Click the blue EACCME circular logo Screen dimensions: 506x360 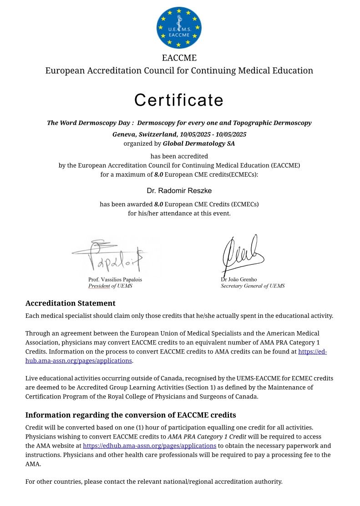pos(179,27)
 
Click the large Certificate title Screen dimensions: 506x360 pos(179,100)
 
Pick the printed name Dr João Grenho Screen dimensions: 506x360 pos(239,279)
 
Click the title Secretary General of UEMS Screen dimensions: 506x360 pos(253,286)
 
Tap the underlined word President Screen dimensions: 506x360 pos(99,286)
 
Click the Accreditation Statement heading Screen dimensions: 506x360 pos(71,303)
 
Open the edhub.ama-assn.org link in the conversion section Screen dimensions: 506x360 pos(149,446)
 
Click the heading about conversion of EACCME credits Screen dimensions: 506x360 pos(131,415)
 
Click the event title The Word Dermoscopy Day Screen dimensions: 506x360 pos(89,123)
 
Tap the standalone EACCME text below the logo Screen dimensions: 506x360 pos(179,58)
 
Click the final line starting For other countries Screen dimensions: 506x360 pos(154,481)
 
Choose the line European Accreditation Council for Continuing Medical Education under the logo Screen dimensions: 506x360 pos(179,71)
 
